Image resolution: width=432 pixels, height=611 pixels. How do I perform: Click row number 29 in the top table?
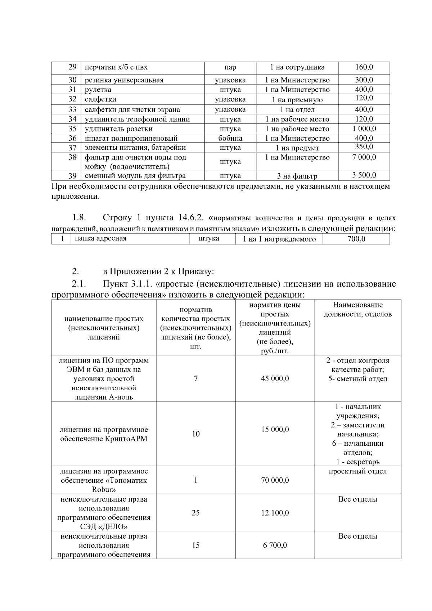(x=72, y=67)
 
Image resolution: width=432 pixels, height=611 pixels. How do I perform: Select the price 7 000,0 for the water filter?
(x=364, y=157)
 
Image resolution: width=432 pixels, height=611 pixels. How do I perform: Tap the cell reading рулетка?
(x=98, y=90)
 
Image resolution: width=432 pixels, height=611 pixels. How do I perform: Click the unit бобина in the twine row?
(x=230, y=138)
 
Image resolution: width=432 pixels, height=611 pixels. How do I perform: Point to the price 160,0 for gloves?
(x=364, y=67)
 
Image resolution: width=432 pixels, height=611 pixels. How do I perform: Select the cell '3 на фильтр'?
(x=297, y=176)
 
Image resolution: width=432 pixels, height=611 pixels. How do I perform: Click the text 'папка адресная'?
(x=100, y=238)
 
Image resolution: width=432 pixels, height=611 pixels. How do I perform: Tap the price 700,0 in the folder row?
(x=356, y=239)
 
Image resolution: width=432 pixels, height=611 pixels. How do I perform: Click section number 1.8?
(x=78, y=218)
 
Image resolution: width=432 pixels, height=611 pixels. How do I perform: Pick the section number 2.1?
(x=78, y=284)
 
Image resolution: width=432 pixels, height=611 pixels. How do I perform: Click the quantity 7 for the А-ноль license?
(x=195, y=379)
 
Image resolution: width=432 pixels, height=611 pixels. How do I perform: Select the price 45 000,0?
(x=275, y=379)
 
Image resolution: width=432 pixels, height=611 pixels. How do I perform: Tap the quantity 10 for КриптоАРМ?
(x=195, y=434)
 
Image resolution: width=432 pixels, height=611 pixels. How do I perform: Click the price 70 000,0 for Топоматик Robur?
(x=275, y=480)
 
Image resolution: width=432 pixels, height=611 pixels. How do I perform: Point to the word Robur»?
(x=104, y=490)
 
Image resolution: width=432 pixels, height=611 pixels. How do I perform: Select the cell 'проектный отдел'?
(x=357, y=471)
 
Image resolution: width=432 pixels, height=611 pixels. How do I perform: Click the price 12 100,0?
(x=275, y=513)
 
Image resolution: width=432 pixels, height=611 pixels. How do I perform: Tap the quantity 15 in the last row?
(x=195, y=545)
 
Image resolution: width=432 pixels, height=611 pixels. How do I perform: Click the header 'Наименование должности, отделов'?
(x=357, y=310)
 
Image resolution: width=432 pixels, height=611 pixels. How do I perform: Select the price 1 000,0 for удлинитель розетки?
(x=364, y=129)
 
